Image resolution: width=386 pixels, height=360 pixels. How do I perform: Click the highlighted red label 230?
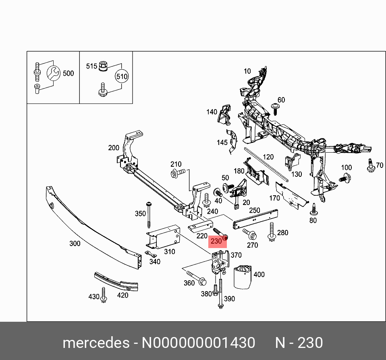pos(216,242)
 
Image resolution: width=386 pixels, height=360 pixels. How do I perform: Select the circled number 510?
pos(122,77)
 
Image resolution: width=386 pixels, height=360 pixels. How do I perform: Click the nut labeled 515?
pos(103,65)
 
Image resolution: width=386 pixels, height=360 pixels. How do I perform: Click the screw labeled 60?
pos(275,108)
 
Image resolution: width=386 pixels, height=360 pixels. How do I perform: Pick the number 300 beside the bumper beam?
pos(75,244)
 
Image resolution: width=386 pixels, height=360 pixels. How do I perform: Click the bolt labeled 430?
pos(104,295)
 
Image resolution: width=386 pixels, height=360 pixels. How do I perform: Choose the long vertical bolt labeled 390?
pos(220,294)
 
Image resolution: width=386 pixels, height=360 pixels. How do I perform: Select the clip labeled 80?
pos(313,209)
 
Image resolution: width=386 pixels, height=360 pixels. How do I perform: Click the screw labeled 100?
pos(344,178)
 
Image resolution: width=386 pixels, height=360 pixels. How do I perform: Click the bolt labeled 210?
pos(177,173)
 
